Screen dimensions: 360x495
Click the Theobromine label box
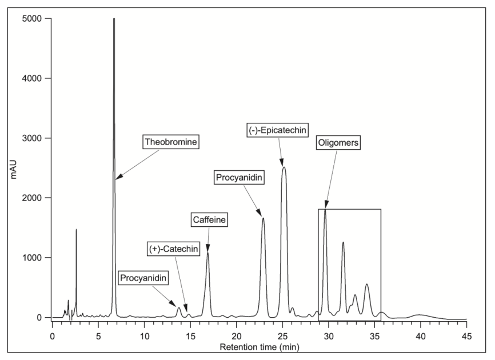(x=171, y=141)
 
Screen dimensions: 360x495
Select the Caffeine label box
(x=209, y=219)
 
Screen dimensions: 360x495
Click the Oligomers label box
(x=339, y=143)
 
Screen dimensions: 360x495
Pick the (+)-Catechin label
(x=172, y=249)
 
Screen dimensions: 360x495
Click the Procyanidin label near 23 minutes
(x=239, y=178)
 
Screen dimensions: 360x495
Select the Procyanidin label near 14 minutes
(x=143, y=278)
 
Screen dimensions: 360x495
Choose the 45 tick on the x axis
(x=466, y=330)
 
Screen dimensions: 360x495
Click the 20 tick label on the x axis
(x=236, y=330)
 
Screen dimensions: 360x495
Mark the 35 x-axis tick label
(x=374, y=330)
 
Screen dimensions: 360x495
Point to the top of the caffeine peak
(x=208, y=253)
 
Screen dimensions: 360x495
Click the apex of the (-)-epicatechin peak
(x=284, y=167)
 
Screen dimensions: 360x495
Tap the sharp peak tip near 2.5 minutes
(x=76, y=230)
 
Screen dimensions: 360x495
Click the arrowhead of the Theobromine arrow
(x=116, y=179)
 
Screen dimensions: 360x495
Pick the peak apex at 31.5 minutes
(x=344, y=242)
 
